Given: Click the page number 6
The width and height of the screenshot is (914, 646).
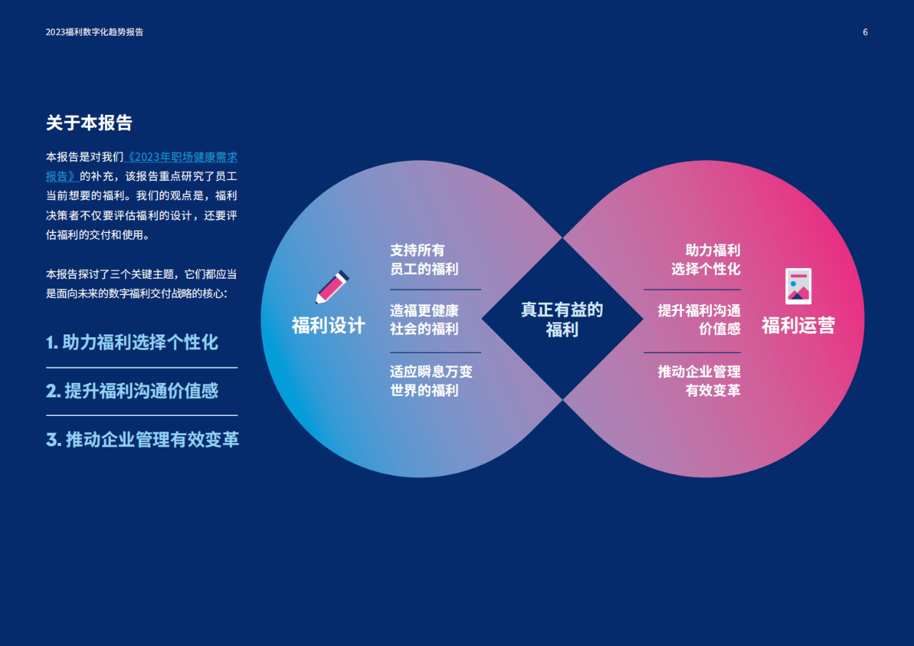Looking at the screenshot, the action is [x=865, y=32].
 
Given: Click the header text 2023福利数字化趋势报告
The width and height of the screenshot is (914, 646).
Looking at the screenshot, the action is [x=94, y=32].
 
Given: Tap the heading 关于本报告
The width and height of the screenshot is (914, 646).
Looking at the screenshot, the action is [x=89, y=123].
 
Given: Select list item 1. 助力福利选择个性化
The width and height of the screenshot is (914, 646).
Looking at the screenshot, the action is [x=132, y=342].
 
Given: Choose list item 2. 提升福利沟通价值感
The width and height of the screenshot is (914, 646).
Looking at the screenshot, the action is [x=132, y=391].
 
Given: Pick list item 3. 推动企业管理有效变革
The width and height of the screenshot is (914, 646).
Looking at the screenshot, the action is [x=142, y=439].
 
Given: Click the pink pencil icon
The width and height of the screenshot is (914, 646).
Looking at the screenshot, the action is [x=332, y=287].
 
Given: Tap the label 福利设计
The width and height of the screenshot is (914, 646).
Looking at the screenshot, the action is [x=328, y=326].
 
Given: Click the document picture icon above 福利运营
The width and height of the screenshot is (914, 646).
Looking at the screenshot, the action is [x=798, y=287].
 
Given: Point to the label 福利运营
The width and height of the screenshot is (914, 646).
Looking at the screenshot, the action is [x=798, y=326].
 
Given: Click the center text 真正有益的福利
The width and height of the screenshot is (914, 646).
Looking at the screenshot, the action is [x=562, y=319].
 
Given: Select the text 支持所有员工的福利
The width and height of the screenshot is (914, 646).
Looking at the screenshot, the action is [x=424, y=259].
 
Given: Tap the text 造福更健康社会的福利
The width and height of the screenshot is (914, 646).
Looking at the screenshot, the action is [x=424, y=319].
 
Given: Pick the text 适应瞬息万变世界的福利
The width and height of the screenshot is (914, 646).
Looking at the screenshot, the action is [x=431, y=381].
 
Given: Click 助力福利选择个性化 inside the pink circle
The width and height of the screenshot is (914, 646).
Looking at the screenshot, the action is [x=706, y=259].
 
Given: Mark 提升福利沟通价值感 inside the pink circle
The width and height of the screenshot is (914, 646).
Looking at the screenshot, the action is [x=699, y=319].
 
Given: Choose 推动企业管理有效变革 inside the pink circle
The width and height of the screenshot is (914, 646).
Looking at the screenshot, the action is [x=699, y=381].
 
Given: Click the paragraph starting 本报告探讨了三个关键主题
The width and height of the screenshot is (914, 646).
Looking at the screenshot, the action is [x=141, y=284].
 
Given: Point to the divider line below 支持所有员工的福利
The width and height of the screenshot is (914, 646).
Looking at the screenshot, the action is [x=436, y=289].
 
